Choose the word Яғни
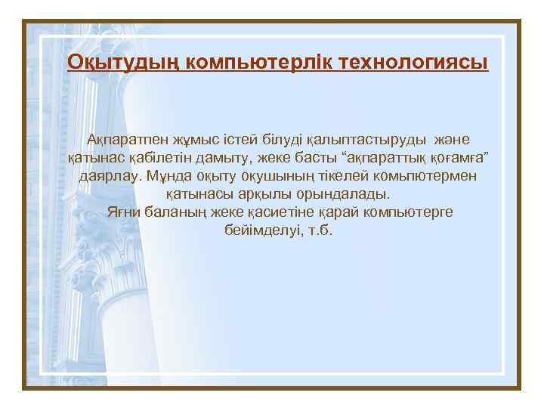123,212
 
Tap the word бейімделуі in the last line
258,229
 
